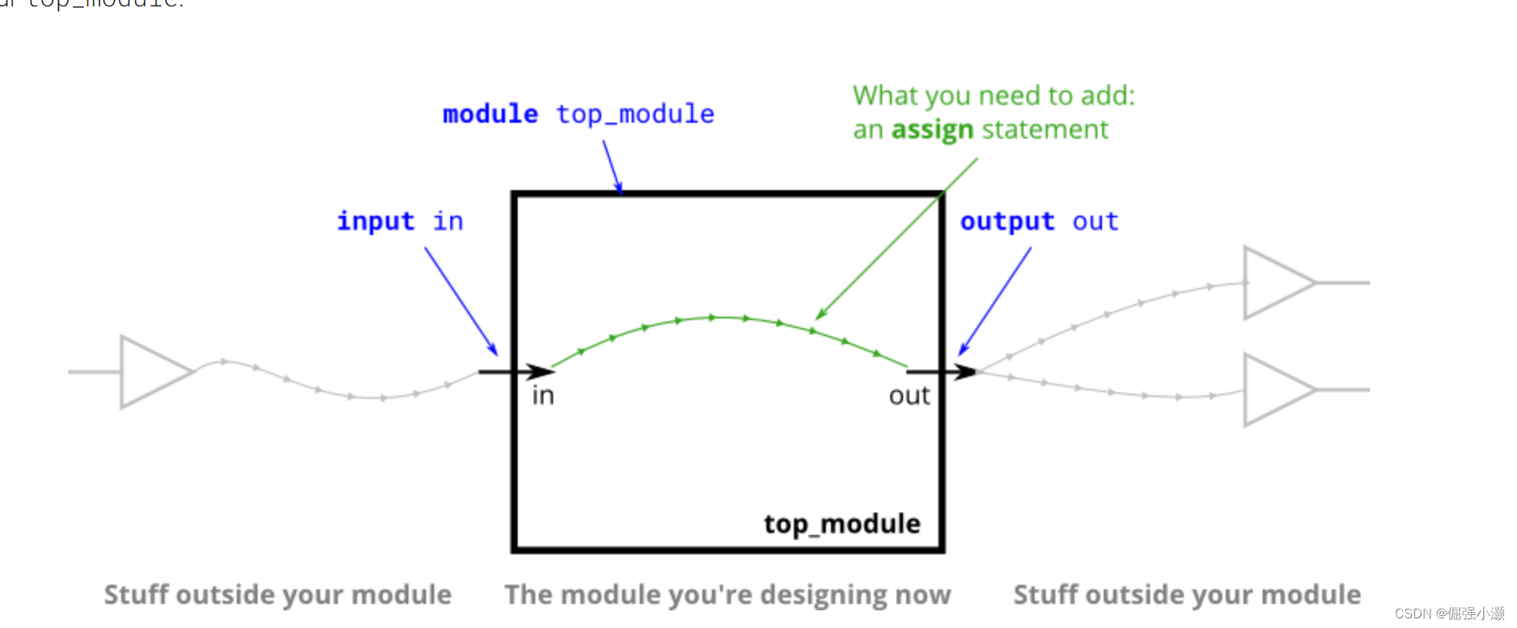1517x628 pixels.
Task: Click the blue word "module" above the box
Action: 490,114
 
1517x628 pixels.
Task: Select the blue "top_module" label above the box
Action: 635,115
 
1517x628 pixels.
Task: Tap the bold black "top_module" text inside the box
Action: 842,524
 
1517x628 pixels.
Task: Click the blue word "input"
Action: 376,221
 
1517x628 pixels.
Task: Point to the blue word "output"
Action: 1007,221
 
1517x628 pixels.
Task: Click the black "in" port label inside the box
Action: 543,395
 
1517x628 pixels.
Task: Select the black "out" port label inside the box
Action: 909,395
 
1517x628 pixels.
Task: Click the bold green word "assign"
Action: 933,130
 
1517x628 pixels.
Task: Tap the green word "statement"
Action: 1045,129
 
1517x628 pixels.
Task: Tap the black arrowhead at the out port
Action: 964,371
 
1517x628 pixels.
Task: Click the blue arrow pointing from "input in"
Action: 461,301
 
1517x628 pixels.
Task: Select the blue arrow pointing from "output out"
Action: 996,301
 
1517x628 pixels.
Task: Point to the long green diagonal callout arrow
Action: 897,238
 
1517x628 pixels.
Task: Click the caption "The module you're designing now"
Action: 727,595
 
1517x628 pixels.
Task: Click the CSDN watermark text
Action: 1450,614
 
